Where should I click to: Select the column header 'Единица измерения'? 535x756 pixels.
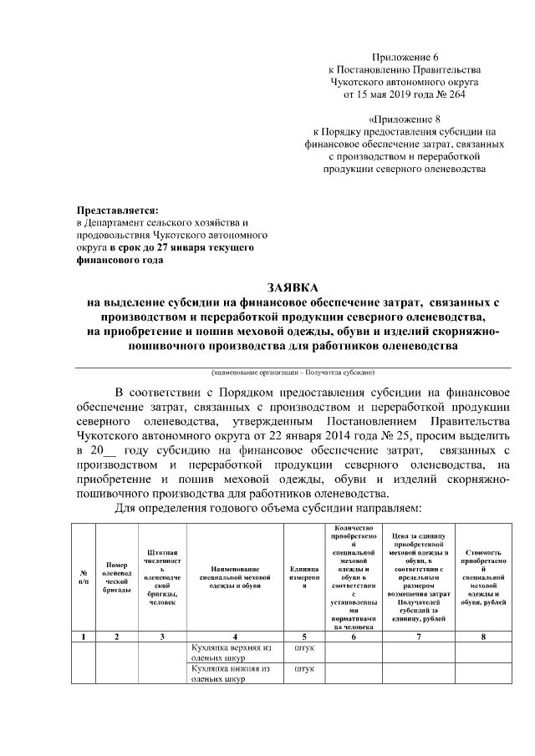305,577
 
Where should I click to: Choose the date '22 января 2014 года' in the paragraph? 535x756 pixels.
312,436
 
